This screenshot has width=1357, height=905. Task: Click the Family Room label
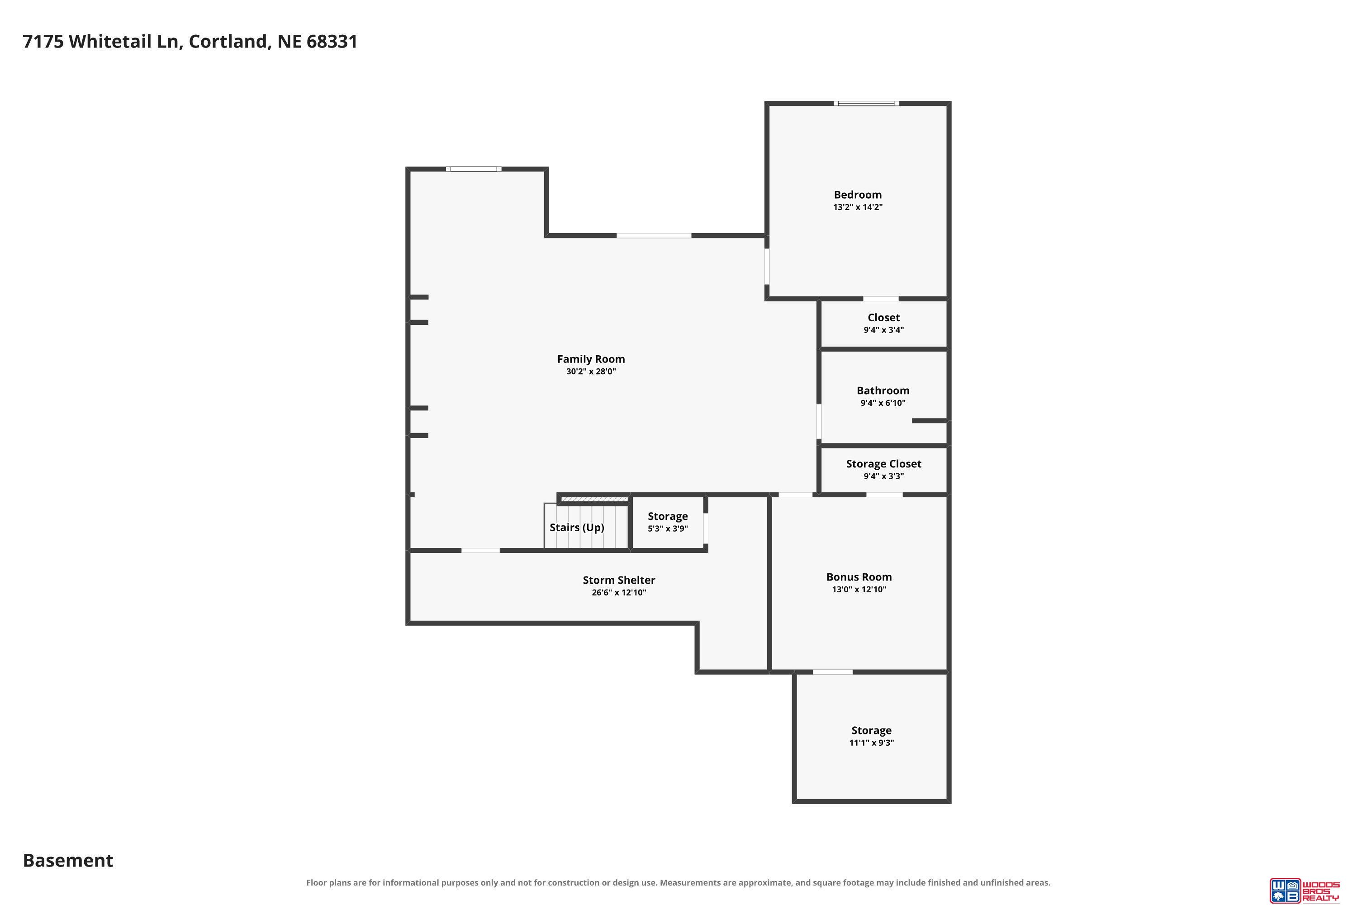591,359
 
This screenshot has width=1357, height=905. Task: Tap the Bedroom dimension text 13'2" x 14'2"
858,207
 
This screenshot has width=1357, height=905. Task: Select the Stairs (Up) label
577,528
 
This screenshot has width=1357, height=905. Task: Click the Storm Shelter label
619,580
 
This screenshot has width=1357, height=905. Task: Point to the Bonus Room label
859,577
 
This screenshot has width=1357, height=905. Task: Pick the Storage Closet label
884,464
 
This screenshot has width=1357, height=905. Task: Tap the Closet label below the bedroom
884,318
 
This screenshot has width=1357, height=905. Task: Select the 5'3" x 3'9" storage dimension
668,529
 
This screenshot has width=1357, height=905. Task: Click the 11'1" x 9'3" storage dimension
871,743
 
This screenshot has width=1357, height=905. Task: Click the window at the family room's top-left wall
474,169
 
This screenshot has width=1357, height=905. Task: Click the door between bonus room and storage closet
884,495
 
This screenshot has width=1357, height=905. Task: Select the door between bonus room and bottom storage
833,672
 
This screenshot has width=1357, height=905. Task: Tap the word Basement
68,861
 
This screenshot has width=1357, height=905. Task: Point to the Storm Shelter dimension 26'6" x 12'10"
619,593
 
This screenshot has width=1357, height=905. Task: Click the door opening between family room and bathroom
819,422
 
